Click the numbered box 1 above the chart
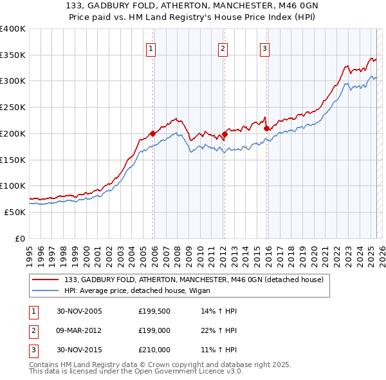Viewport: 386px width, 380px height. (x=151, y=47)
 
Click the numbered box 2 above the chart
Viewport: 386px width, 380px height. (x=223, y=47)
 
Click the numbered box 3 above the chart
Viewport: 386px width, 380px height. (x=264, y=47)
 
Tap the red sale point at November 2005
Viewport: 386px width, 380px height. (x=153, y=134)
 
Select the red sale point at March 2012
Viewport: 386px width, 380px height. (x=225, y=135)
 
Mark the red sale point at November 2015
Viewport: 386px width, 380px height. (x=266, y=129)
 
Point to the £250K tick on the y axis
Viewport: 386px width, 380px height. (x=13, y=108)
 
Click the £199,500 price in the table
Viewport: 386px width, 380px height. (x=154, y=312)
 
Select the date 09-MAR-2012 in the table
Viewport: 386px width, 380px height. (x=79, y=330)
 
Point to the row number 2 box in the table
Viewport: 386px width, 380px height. (x=32, y=330)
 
